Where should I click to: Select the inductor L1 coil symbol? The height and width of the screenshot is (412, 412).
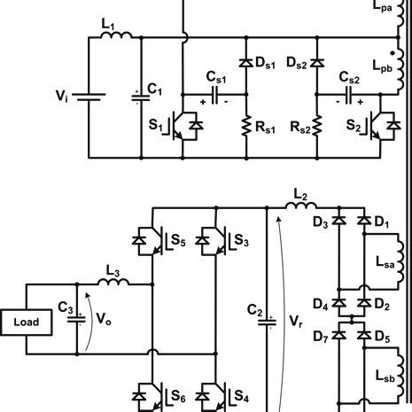tap(118, 36)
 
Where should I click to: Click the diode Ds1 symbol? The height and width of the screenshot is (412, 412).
tap(244, 63)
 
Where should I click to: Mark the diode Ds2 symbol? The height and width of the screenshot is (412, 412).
tap(315, 63)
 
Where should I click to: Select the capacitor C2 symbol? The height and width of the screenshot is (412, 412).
tap(266, 321)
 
